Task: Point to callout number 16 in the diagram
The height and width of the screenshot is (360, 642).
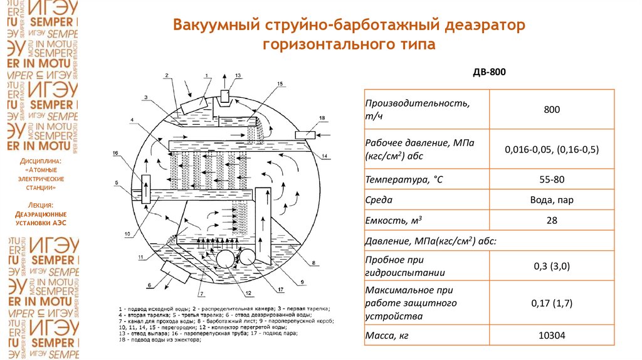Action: tap(115, 153)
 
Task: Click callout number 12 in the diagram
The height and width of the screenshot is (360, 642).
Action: tap(248, 292)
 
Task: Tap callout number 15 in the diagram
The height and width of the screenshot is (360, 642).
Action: tap(279, 83)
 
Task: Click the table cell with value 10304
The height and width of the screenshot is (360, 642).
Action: tap(552, 336)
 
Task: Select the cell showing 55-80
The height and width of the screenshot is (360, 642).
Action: tap(552, 179)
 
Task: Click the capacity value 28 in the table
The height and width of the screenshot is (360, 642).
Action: tap(552, 220)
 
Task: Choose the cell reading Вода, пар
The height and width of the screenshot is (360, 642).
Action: tap(552, 200)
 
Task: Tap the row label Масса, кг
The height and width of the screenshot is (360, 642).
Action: tap(387, 336)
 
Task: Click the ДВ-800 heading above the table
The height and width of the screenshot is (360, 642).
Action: tap(488, 73)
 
